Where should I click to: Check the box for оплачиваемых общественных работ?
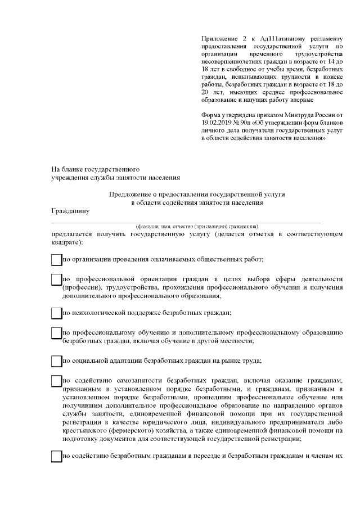coord(56,259)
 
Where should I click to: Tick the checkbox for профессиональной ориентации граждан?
coord(56,280)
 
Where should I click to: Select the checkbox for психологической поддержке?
coord(56,313)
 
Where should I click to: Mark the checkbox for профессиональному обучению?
coord(56,333)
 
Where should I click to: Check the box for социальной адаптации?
coord(56,361)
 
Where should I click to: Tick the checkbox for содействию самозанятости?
coord(56,381)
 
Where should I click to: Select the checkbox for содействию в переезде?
coord(56,456)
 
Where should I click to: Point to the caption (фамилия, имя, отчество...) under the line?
coord(193,226)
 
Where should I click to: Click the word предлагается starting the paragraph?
coord(72,233)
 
